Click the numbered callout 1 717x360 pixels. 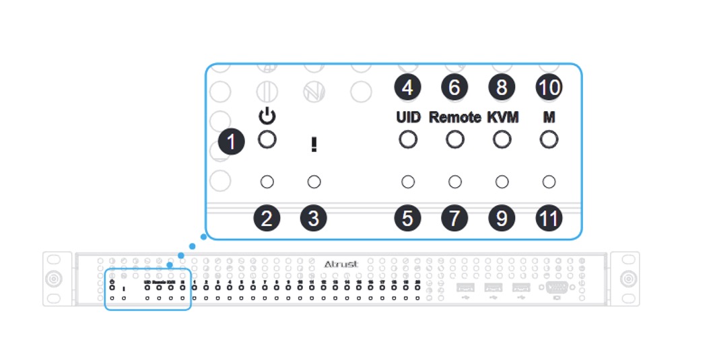tap(232, 143)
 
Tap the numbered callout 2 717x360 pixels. tap(267, 219)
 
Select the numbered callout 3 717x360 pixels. tap(313, 219)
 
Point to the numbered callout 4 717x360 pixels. tap(407, 87)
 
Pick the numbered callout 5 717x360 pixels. tap(407, 219)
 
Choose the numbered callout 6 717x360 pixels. tap(454, 87)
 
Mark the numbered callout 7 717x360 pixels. tap(454, 219)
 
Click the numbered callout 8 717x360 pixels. tap(502, 87)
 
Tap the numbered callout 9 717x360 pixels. tap(502, 219)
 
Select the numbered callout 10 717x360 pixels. tap(549, 87)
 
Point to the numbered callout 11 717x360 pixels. tap(549, 219)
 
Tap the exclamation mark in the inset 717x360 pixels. tap(314, 145)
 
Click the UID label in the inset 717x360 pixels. tap(408, 117)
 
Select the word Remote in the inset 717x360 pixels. tap(455, 117)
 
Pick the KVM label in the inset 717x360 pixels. tap(502, 117)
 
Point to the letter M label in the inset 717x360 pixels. tap(549, 117)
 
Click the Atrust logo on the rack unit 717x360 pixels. tap(341, 264)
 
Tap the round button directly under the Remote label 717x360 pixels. tap(455, 140)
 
